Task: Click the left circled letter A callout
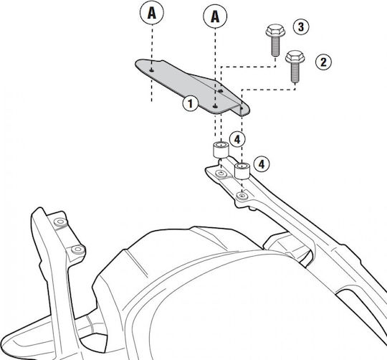(151, 12)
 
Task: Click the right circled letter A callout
(215, 16)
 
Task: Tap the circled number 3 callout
(301, 27)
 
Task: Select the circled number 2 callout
(323, 62)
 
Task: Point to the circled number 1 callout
(191, 103)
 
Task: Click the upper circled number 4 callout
(237, 140)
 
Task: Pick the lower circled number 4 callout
(262, 164)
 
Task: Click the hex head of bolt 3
(275, 30)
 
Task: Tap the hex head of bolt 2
(295, 57)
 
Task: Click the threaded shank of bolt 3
(276, 46)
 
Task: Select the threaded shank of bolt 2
(295, 72)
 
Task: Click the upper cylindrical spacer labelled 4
(221, 150)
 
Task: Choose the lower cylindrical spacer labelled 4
(242, 171)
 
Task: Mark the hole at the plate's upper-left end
(152, 70)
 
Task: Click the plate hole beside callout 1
(215, 106)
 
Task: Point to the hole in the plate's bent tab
(242, 108)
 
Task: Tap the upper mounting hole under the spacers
(221, 174)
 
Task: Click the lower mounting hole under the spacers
(242, 196)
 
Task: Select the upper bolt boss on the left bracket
(60, 222)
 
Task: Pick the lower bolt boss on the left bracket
(78, 250)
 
